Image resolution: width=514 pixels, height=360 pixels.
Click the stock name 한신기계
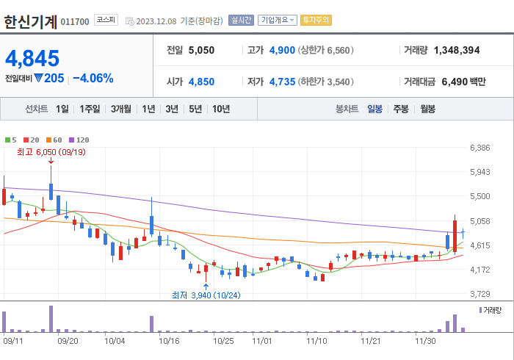[x=30, y=21]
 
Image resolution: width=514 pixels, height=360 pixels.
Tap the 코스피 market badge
[x=106, y=20]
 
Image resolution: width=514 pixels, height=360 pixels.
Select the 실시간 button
[x=241, y=21]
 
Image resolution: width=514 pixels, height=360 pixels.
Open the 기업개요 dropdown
[x=277, y=21]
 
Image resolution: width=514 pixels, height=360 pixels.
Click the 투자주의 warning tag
[x=316, y=21]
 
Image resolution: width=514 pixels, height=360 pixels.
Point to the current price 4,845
[x=32, y=58]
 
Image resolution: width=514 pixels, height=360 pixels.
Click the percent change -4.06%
[x=93, y=78]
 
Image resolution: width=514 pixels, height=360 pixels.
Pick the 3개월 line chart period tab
[x=121, y=109]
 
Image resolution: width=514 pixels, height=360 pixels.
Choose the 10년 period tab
[x=220, y=109]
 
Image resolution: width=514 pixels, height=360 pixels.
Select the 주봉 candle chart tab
[x=400, y=109]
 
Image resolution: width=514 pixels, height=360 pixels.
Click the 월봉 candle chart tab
[x=427, y=109]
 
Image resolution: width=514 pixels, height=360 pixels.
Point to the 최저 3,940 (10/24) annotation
[x=206, y=295]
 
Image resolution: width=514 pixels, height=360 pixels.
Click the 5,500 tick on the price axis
[x=479, y=197]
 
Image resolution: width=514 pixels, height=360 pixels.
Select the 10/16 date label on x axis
[x=169, y=341]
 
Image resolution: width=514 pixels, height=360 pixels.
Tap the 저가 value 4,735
[x=282, y=82]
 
